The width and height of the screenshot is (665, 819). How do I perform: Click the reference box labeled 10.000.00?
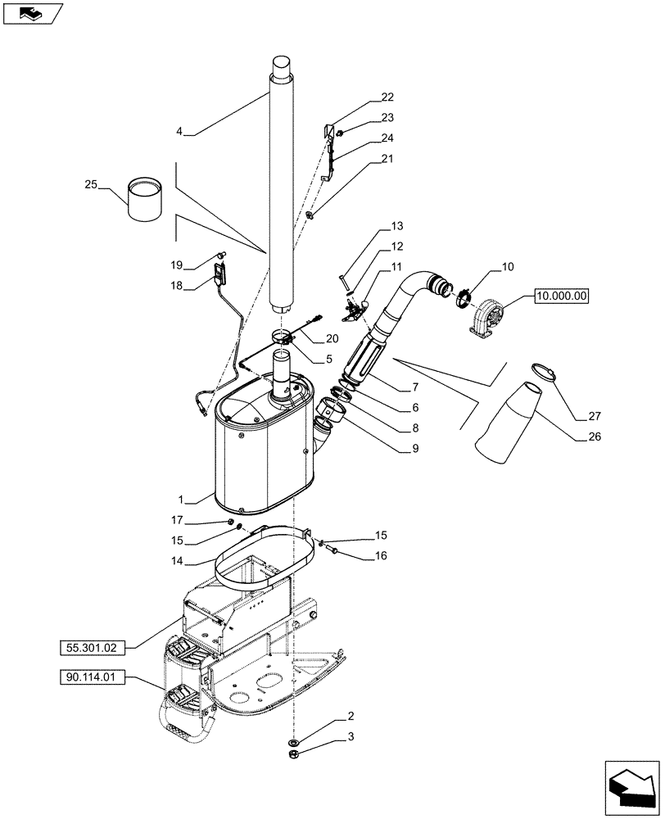click(561, 296)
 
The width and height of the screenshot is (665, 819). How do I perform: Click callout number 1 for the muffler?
click(187, 498)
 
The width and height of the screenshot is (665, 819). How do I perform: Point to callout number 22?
click(387, 97)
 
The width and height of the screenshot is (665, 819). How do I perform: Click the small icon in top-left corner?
click(29, 12)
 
